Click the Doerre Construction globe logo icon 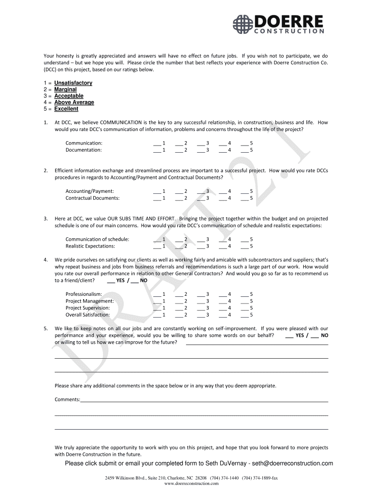tap(242, 24)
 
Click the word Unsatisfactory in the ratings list tap(73, 83)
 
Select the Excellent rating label tap(66, 109)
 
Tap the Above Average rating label tap(74, 102)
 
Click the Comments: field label tap(67, 400)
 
